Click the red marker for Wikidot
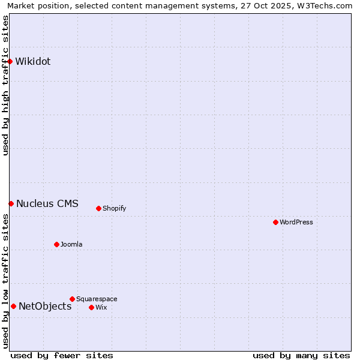10,61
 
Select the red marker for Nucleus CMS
11,203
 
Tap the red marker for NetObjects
13,306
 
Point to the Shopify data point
98,208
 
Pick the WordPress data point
275,222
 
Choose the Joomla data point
56,244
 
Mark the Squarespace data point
72,299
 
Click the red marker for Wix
91,307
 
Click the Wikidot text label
33,61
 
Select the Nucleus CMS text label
47,203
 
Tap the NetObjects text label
45,306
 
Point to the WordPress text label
296,222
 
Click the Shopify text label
115,208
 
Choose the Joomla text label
71,244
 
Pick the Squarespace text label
97,299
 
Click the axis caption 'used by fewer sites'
62,355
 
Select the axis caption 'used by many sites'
301,355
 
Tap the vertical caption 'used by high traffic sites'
5,85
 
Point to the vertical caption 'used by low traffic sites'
5,281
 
